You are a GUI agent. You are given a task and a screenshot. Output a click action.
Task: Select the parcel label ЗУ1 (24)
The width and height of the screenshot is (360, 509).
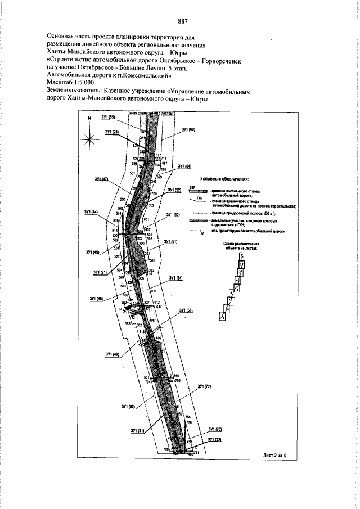pyautogui.click(x=111, y=132)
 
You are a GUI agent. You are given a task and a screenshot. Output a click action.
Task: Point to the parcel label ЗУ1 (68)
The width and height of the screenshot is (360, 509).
pyautogui.click(x=188, y=130)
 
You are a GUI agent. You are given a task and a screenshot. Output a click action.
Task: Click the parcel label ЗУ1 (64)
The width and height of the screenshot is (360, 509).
pyautogui.click(x=184, y=167)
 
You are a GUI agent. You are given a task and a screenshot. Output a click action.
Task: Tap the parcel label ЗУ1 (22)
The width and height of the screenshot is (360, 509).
pyautogui.click(x=174, y=190)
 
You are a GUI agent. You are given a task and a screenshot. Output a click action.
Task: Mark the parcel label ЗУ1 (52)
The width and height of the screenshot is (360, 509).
pyautogui.click(x=173, y=215)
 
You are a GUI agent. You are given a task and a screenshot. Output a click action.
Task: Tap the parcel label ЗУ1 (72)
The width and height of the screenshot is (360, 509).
pyautogui.click(x=204, y=387)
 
